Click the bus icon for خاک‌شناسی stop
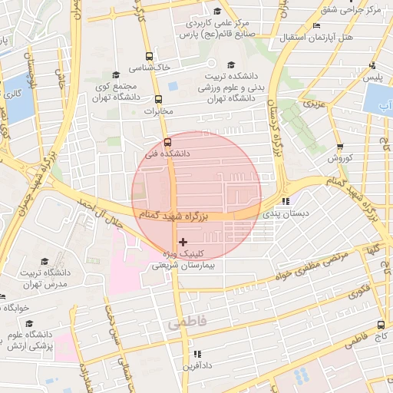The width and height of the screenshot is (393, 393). (x=149, y=57)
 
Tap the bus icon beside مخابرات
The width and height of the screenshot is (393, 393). (x=159, y=100)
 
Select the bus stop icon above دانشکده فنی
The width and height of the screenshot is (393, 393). (x=167, y=141)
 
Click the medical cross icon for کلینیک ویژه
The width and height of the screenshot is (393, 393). (x=182, y=242)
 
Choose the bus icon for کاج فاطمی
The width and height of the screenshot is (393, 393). (x=381, y=325)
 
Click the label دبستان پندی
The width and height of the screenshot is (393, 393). (x=285, y=213)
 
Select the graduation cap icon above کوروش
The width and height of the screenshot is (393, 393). (x=340, y=147)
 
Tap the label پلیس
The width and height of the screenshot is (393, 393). (x=373, y=78)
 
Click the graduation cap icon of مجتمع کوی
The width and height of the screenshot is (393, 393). (x=116, y=74)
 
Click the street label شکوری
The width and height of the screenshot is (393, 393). (x=357, y=292)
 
